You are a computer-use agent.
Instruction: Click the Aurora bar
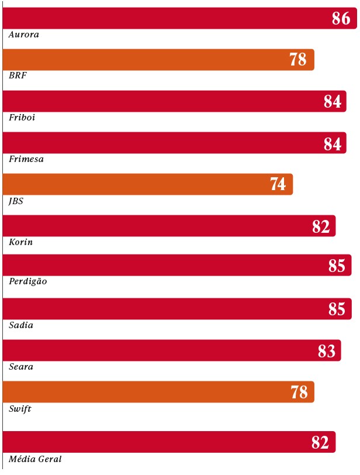(x=175, y=18)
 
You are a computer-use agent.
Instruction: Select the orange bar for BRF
(x=158, y=60)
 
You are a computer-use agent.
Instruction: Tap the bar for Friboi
(x=174, y=101)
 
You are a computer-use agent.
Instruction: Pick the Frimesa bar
(x=174, y=143)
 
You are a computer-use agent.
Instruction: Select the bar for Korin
(x=169, y=226)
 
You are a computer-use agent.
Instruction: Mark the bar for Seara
(x=172, y=350)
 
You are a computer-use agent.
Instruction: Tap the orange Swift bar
(x=158, y=392)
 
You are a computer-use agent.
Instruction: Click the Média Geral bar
(x=169, y=442)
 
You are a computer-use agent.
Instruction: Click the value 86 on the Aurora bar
(x=341, y=19)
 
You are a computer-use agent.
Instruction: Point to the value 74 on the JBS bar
(x=278, y=185)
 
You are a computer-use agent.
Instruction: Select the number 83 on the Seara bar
(x=327, y=351)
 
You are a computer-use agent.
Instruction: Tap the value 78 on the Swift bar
(x=299, y=393)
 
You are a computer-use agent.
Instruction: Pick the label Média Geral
(x=35, y=459)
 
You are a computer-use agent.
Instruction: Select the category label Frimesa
(x=26, y=159)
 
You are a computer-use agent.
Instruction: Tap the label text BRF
(x=18, y=75)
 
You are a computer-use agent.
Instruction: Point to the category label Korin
(x=21, y=242)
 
